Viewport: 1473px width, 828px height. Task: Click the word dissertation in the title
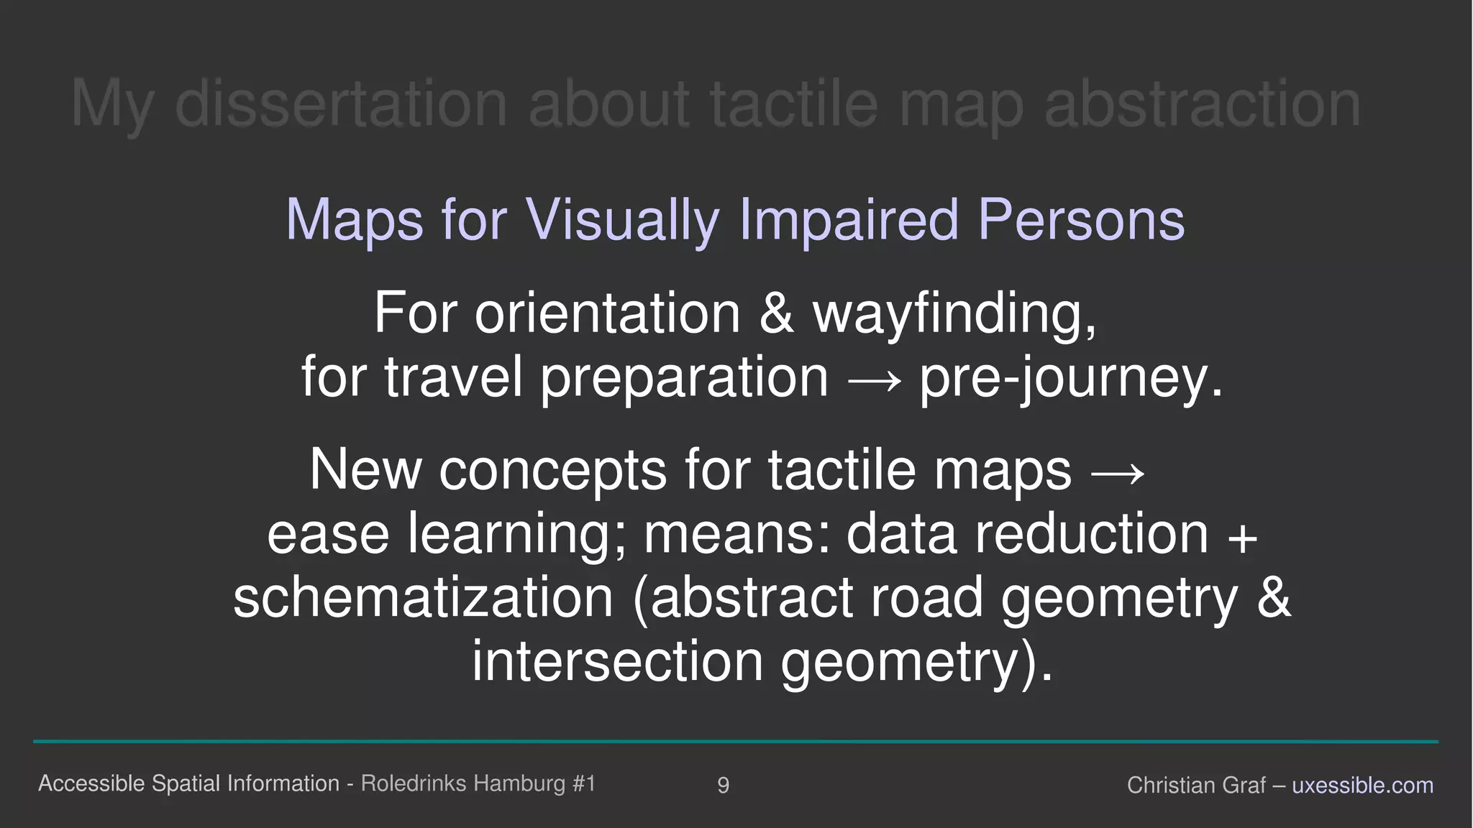(x=341, y=105)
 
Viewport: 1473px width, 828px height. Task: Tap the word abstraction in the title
(x=1202, y=105)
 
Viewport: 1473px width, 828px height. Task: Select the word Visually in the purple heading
(x=622, y=220)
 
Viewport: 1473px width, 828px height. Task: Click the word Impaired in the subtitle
(x=849, y=220)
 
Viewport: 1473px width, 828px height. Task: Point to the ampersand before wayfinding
(x=776, y=313)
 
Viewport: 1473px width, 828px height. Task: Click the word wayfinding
(x=954, y=315)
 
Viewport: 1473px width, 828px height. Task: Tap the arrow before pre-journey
(x=874, y=379)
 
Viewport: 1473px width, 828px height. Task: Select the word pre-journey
(x=1071, y=379)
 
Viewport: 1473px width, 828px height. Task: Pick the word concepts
(x=552, y=471)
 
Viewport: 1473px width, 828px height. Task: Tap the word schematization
(x=423, y=598)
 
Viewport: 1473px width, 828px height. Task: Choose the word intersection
(x=617, y=661)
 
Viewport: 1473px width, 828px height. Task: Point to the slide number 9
(x=724, y=785)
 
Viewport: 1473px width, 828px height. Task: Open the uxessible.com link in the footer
(x=1362, y=785)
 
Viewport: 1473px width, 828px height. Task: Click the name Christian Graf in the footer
(x=1195, y=785)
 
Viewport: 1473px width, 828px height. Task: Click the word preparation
(x=684, y=379)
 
